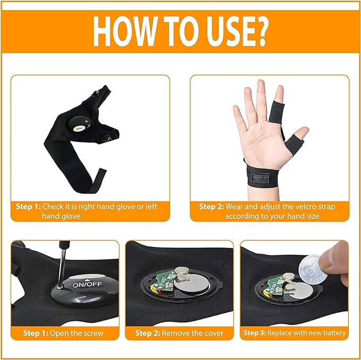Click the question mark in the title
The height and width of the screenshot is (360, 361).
[x=258, y=33]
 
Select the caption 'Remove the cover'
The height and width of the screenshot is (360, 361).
[x=192, y=334]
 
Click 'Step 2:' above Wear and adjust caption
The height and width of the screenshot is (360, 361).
[x=211, y=206]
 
